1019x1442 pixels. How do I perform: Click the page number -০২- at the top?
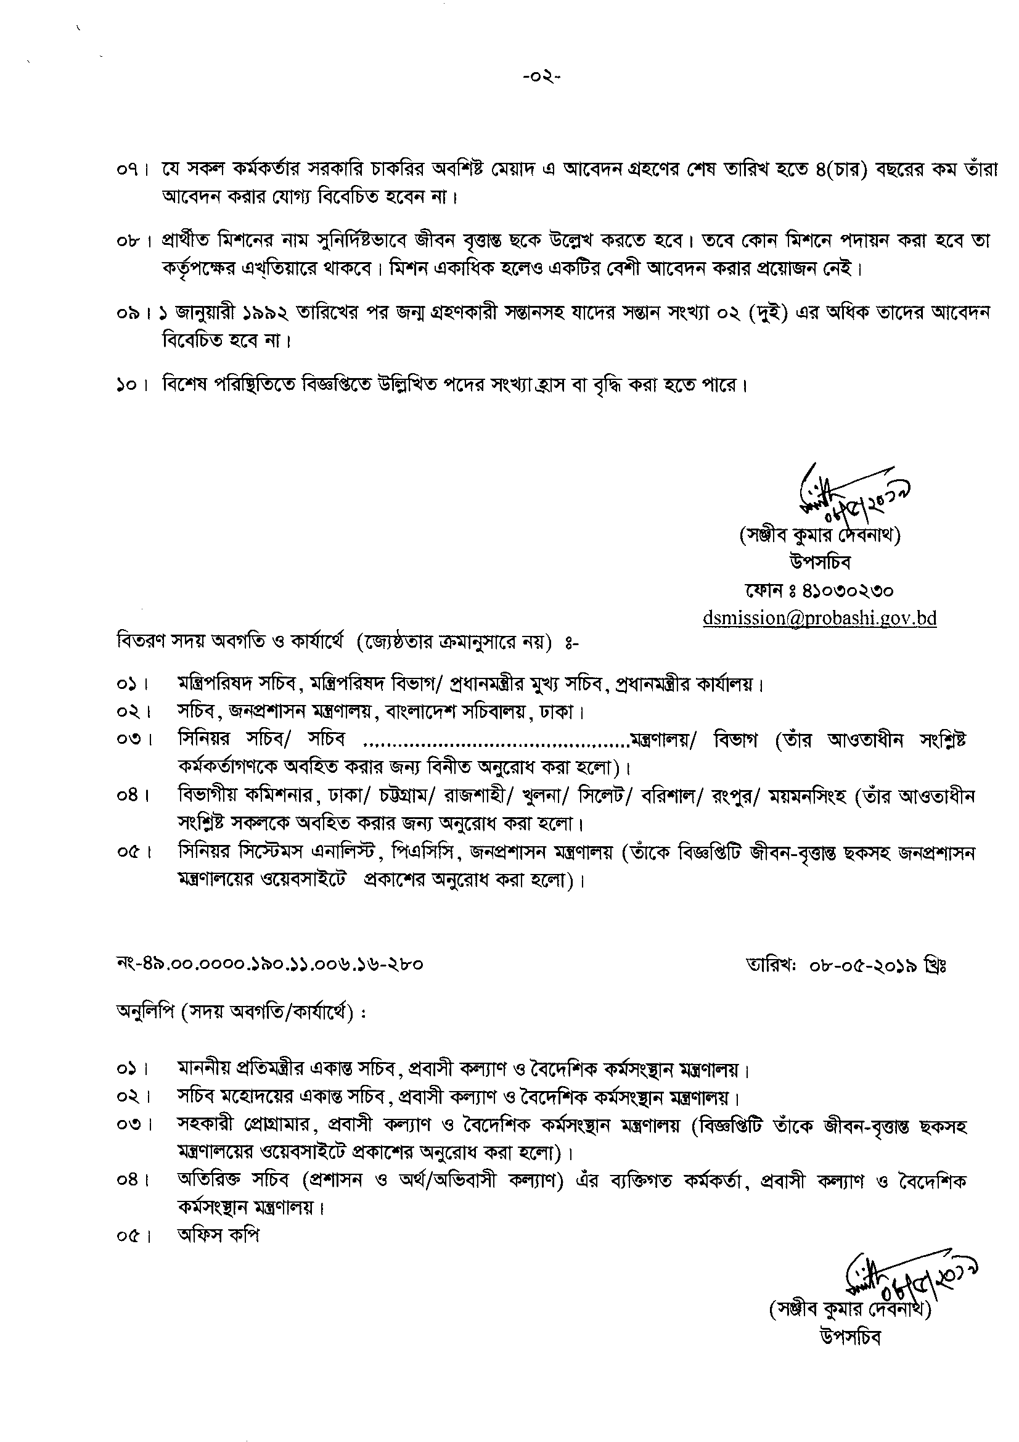(542, 78)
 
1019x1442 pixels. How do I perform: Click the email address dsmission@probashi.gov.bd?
(819, 618)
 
